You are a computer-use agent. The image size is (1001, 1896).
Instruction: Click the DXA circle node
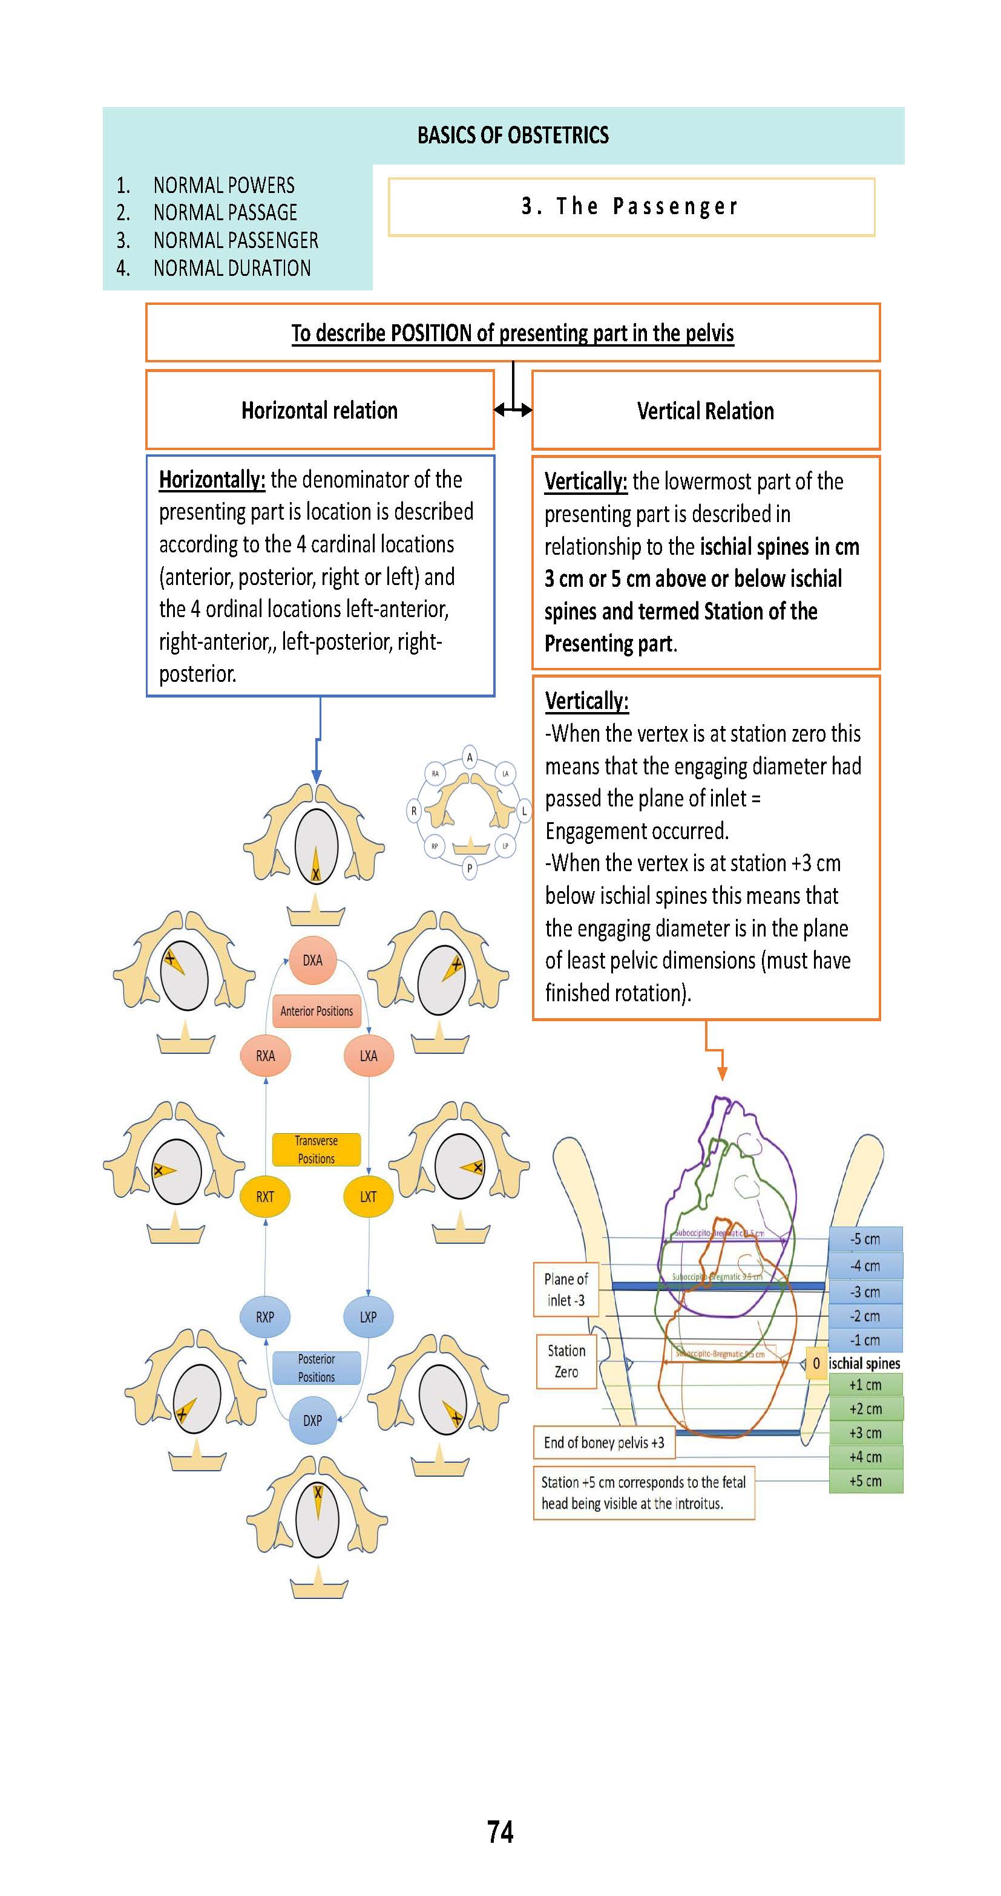point(312,959)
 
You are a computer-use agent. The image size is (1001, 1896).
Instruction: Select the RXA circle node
point(265,1056)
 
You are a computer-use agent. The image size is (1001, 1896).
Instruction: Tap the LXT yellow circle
point(368,1196)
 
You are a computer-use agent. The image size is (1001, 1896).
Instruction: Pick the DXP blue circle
point(312,1420)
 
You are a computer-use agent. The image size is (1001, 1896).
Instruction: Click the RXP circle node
point(265,1317)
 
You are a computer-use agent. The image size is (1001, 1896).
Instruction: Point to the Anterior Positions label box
point(317,1010)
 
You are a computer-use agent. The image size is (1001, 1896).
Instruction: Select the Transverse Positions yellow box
point(317,1149)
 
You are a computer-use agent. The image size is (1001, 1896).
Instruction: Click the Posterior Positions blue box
point(317,1367)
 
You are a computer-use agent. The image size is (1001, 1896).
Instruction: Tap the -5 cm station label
point(865,1239)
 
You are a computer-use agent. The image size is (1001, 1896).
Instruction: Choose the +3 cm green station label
point(865,1433)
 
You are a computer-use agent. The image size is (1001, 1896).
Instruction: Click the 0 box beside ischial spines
point(816,1363)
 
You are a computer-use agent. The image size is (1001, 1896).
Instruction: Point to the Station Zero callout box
point(566,1361)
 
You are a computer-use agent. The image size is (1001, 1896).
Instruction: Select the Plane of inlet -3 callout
point(566,1290)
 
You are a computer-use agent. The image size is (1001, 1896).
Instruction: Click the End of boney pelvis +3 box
point(603,1443)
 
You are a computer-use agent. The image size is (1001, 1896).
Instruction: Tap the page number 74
point(500,1831)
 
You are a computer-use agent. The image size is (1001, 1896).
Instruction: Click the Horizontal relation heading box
point(320,410)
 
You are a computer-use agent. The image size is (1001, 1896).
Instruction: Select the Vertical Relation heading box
point(705,411)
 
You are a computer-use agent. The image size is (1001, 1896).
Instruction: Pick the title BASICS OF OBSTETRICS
point(513,136)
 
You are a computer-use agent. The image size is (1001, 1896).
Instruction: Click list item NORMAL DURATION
point(232,268)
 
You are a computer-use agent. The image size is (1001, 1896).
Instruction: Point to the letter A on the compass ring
point(470,757)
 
